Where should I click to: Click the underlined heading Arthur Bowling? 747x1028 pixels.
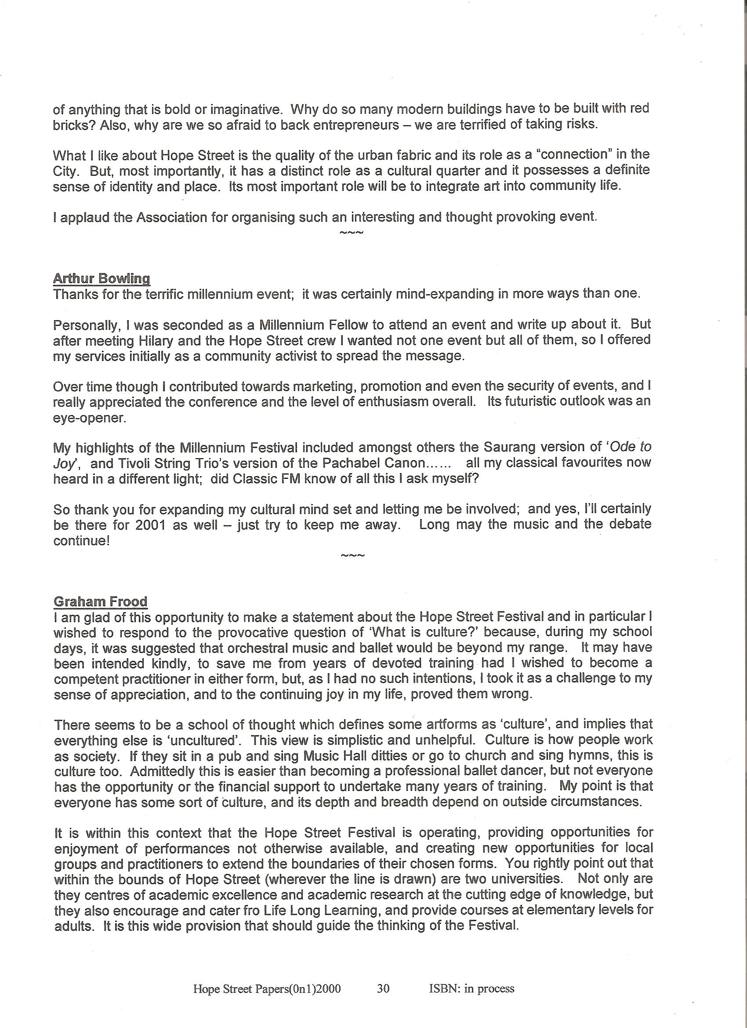(102, 278)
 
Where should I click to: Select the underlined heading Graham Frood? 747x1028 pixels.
(101, 601)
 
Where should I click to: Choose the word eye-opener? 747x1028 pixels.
(89, 418)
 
